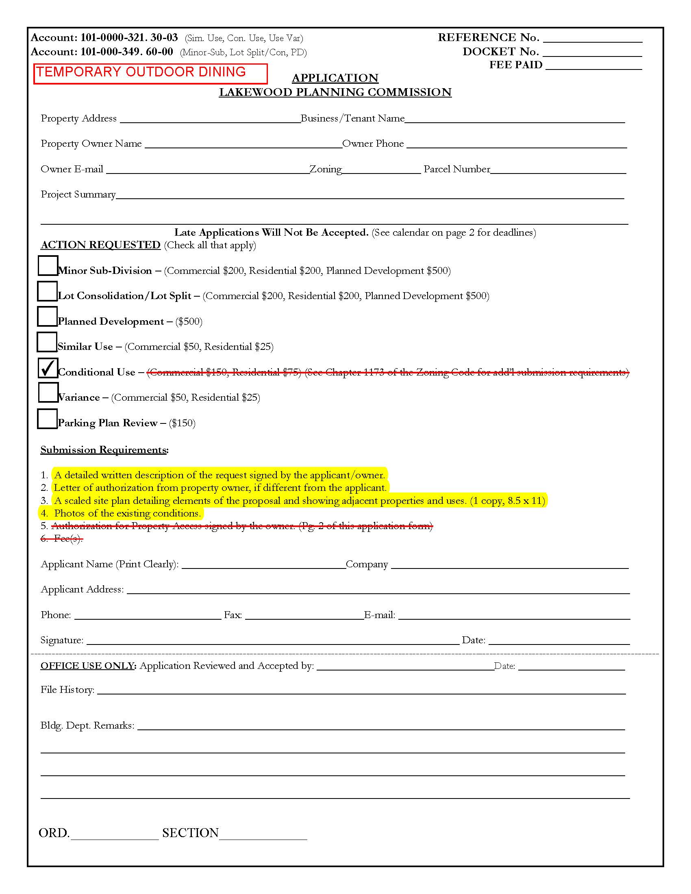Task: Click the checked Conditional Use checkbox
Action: click(48, 368)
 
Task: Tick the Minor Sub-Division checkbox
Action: click(48, 266)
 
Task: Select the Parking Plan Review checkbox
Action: click(47, 419)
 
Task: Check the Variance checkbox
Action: click(48, 393)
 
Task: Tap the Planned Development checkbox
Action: click(47, 317)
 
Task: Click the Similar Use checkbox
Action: click(47, 342)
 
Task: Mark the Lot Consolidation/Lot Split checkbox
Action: click(47, 291)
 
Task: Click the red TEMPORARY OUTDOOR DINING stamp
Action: click(150, 74)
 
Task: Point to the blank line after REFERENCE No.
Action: click(592, 38)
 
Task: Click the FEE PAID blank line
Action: click(593, 65)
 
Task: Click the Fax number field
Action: click(304, 615)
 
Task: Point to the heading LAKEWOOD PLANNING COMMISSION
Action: click(335, 92)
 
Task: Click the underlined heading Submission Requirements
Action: click(104, 450)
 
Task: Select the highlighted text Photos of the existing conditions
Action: click(127, 513)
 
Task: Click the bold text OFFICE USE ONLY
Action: click(88, 666)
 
